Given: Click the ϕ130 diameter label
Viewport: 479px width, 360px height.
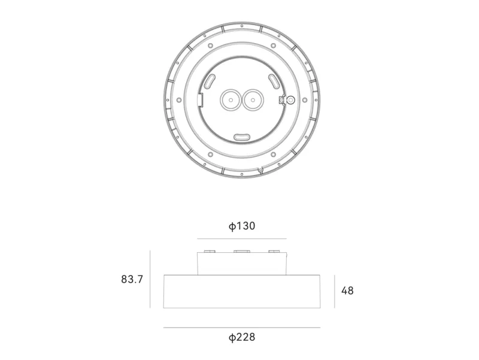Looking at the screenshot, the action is coord(242,226).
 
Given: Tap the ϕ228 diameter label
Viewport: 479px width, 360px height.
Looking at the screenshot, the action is coord(242,337).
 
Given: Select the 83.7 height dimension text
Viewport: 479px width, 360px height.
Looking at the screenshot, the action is coord(132,279).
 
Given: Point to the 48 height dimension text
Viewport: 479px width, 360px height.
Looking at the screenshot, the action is coord(347,291).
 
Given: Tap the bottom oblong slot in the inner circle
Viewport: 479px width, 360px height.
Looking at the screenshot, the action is coord(242,137).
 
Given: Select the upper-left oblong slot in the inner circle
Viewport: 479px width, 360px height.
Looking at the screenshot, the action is coord(210,81).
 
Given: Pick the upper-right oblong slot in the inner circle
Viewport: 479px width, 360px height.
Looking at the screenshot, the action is coord(274,81).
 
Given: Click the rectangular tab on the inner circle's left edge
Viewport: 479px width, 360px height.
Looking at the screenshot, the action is coord(201,99).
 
